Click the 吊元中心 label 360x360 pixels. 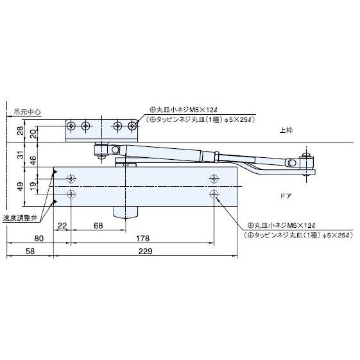(28, 112)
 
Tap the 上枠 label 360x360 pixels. (286, 130)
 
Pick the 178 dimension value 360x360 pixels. (143, 237)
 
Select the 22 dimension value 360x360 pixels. (62, 225)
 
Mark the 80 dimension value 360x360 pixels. (39, 237)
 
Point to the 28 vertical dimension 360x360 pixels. (19, 130)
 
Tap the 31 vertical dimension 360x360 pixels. (19, 155)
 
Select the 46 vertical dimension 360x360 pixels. (33, 160)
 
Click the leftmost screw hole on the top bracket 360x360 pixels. (74, 125)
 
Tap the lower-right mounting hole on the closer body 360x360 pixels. (212, 193)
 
